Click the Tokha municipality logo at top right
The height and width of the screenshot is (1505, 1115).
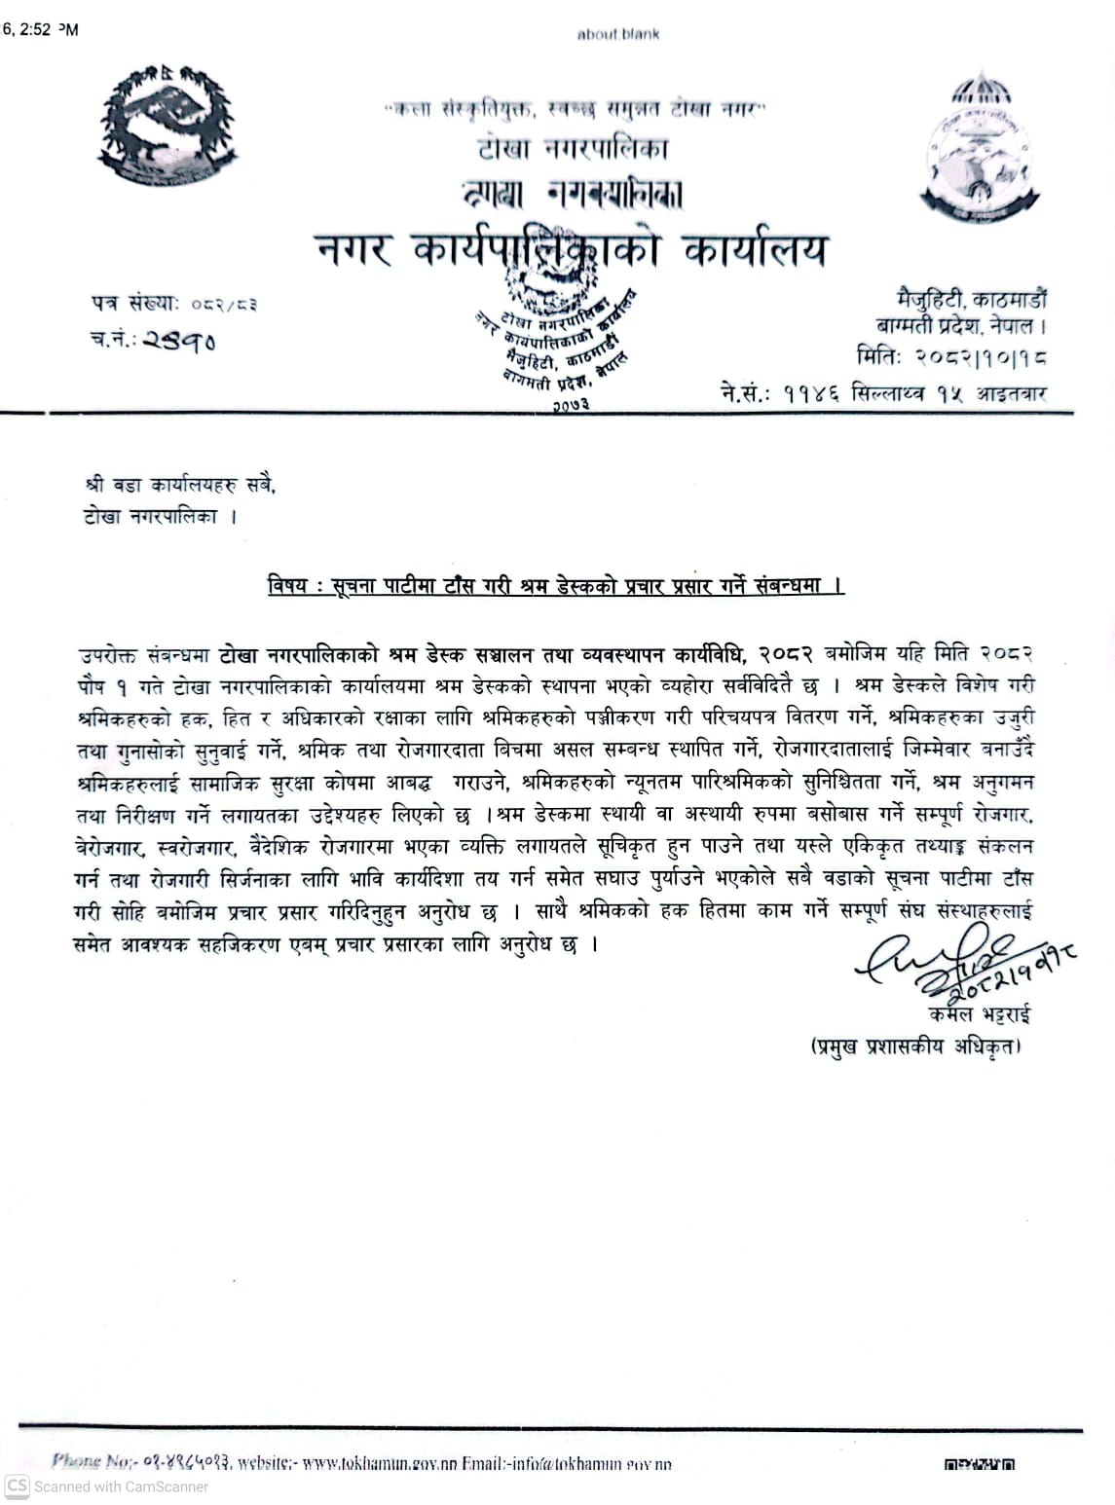tap(981, 140)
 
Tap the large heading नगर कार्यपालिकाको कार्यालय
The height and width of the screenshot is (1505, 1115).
tap(573, 251)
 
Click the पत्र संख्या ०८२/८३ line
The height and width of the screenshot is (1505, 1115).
tap(175, 304)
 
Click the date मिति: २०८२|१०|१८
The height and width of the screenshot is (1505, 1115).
tap(951, 357)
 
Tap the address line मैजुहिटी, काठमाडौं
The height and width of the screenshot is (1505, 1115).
tap(971, 300)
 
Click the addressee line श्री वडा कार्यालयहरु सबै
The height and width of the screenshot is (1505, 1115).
tap(179, 484)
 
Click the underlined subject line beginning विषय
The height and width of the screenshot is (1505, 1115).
tap(555, 586)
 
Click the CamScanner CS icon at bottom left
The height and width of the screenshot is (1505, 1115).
tap(16, 1487)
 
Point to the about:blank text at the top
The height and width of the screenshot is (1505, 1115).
tap(617, 34)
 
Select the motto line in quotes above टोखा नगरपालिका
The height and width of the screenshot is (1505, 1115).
tap(575, 111)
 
